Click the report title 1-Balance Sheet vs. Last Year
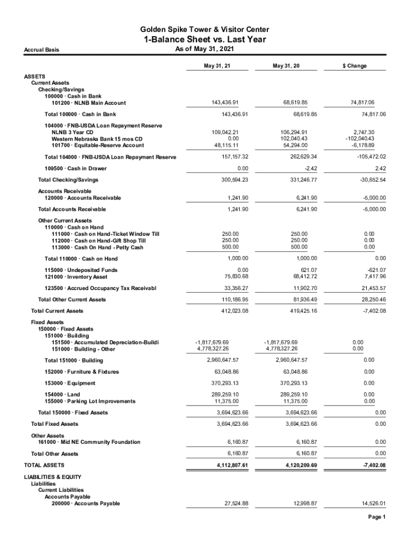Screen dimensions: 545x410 [x=204, y=40]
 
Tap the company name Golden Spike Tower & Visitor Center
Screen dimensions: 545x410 [x=204, y=29]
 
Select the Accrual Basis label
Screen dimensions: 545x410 [x=42, y=50]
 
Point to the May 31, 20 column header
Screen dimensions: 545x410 [x=286, y=66]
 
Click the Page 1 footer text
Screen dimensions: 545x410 [x=376, y=517]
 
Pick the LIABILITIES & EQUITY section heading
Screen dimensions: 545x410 [x=53, y=477]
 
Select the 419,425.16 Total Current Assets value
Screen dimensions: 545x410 [x=295, y=311]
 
